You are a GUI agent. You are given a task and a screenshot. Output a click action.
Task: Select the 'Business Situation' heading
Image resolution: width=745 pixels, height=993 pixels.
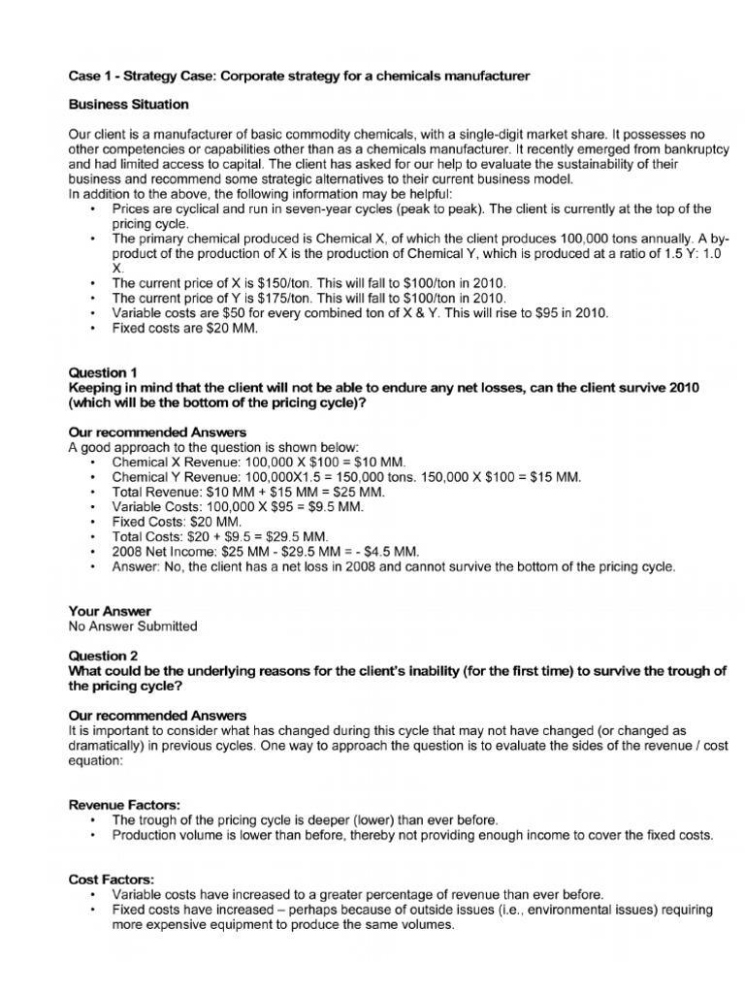pos(129,104)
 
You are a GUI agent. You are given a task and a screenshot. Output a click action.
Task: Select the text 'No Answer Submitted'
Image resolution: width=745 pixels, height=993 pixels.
pos(132,625)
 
